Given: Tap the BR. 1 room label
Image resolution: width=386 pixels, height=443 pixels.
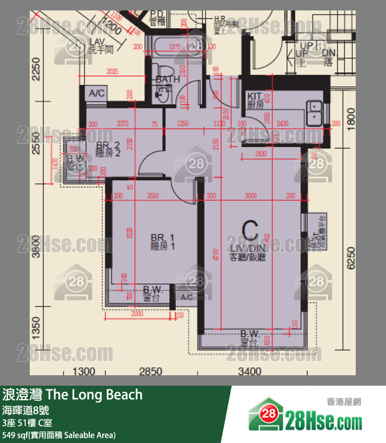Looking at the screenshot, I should (162, 241).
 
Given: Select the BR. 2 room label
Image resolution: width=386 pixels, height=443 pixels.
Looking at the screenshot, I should (108, 149).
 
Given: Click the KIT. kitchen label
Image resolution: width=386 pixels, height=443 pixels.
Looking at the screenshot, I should (255, 100).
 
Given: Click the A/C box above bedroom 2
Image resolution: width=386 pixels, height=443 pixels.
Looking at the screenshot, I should (97, 93).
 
